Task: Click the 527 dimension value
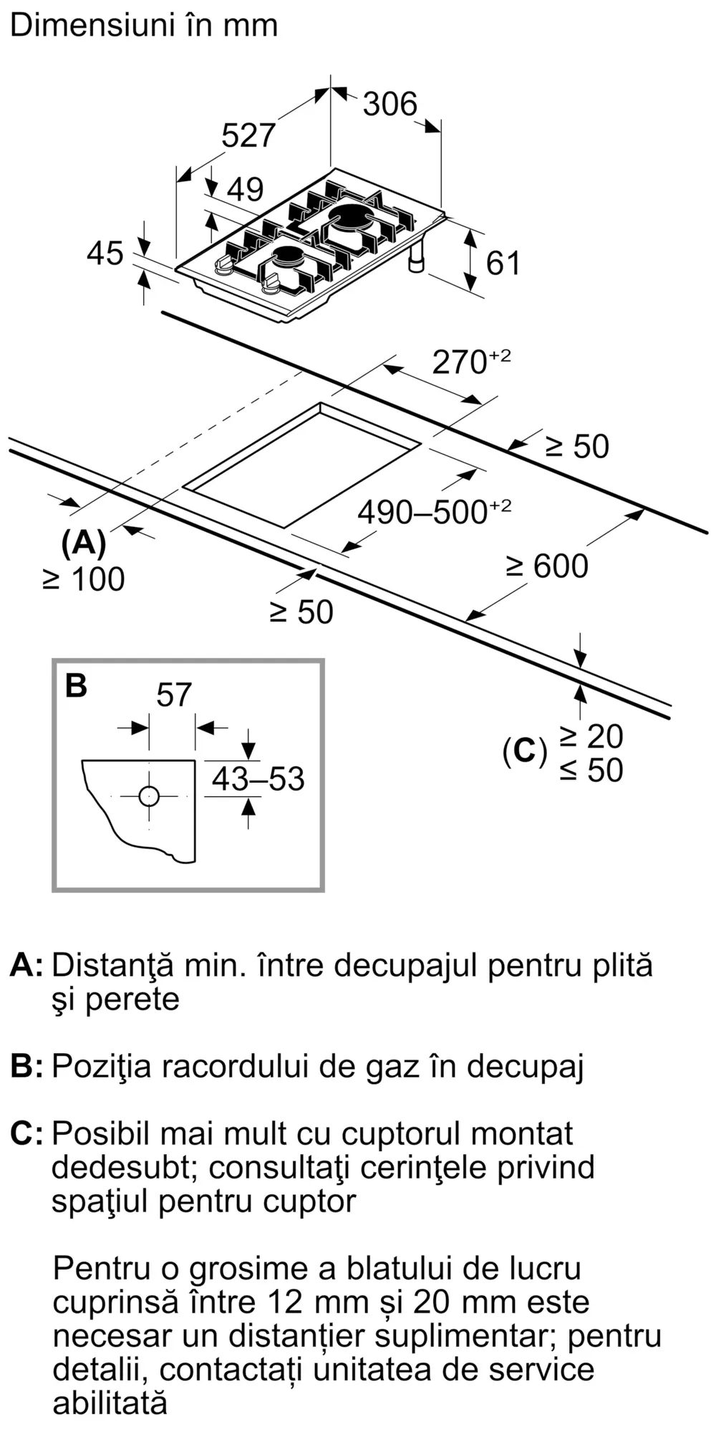(248, 135)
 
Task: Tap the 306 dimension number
(390, 104)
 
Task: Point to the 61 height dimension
(503, 263)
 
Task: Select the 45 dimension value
(105, 253)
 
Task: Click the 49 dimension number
(245, 189)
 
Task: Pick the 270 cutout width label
(460, 362)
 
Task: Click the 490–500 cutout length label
(422, 512)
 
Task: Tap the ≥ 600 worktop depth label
(547, 566)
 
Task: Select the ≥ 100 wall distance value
(84, 579)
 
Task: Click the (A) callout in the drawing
(84, 544)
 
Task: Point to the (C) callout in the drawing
(524, 751)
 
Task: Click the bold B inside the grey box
(76, 685)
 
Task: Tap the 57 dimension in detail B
(173, 695)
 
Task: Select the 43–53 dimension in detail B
(258, 779)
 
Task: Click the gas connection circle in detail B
(149, 795)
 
